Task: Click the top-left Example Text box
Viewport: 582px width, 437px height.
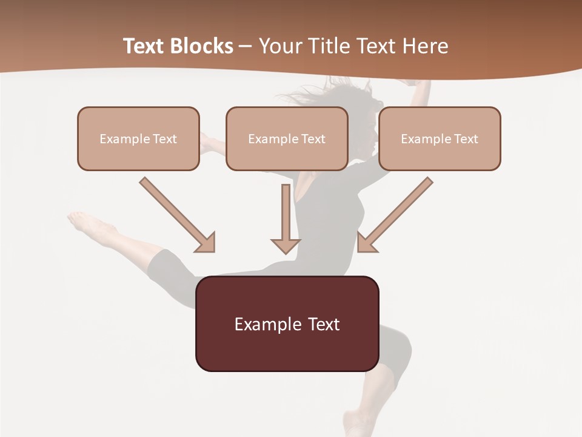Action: [138, 138]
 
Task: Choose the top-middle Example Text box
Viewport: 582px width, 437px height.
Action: [287, 138]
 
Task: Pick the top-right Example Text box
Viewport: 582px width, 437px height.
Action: [440, 138]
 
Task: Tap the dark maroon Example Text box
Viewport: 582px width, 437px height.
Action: [287, 324]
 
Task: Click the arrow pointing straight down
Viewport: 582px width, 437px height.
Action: [286, 218]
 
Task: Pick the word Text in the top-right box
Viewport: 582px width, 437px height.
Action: [466, 139]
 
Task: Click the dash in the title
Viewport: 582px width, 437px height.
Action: [246, 46]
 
